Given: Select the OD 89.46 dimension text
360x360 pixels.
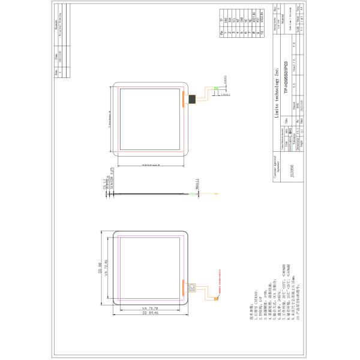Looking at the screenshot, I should click(150, 313).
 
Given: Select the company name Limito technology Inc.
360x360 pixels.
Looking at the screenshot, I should click(278, 90).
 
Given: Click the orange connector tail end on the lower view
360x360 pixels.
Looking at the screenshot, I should click(218, 298).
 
